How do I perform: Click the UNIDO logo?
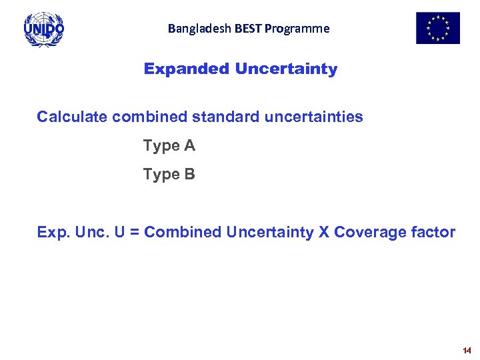44,29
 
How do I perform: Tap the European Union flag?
438,28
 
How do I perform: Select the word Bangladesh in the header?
193,29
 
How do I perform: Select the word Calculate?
72,117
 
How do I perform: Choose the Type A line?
169,146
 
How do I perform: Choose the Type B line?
169,175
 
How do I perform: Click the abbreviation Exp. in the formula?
53,233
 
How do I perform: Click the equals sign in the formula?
136,233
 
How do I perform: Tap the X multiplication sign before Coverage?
323,233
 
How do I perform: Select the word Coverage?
371,233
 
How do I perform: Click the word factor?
434,233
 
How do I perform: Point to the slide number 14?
466,350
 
